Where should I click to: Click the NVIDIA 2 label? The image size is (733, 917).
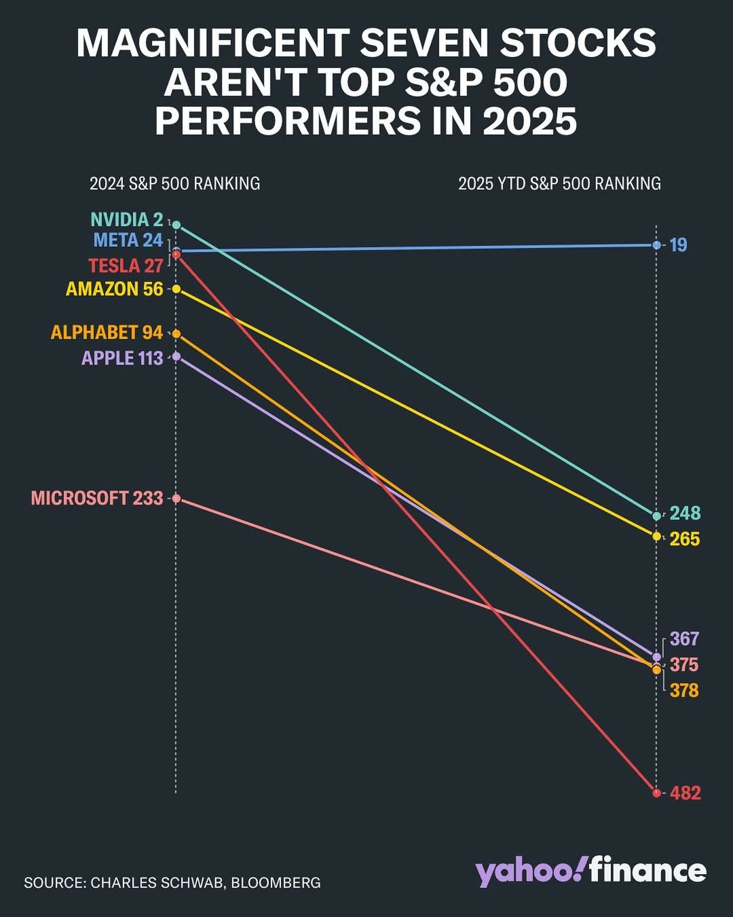point(127,220)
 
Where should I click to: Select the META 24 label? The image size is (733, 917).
point(128,240)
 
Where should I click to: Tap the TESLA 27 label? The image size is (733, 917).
point(126,266)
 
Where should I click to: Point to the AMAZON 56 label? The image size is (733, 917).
point(115,289)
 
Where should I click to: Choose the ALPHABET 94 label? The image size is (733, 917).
point(107,333)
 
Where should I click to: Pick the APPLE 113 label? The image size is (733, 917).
point(122,358)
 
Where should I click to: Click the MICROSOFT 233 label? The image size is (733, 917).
point(97,499)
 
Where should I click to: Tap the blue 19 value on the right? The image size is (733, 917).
point(679,245)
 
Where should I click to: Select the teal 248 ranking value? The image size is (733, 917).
point(685,514)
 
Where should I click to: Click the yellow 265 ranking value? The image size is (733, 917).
point(685,539)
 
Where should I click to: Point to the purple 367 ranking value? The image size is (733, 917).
point(684,639)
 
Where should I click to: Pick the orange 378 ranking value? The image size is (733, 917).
point(684,691)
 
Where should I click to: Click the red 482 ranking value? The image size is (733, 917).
point(685,793)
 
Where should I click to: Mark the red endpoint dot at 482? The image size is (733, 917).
point(656,793)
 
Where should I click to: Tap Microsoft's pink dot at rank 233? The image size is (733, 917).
point(176,499)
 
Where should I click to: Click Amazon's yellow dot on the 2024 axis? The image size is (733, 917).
point(176,289)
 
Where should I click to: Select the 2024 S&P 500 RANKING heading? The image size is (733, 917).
point(174,183)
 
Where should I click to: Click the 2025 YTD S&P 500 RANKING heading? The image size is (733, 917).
point(559,183)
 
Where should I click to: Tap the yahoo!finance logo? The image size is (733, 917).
point(590,871)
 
